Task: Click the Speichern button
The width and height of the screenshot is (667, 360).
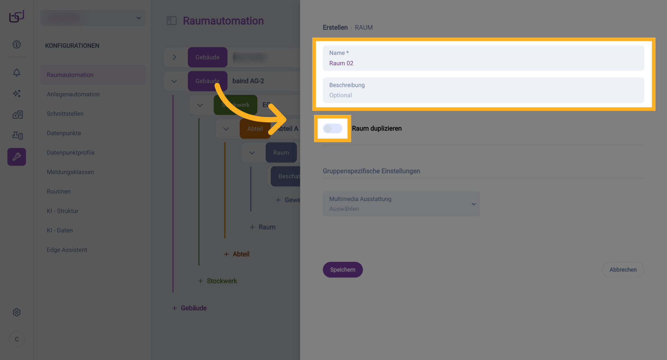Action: point(343,270)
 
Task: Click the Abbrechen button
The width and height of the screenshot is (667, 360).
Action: point(623,270)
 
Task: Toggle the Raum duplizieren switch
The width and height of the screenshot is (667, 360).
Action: point(332,128)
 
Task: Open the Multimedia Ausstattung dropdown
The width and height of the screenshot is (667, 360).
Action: point(401,204)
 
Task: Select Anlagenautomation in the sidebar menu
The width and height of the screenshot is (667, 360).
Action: point(73,94)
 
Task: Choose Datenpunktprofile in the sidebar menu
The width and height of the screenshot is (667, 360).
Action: point(71,153)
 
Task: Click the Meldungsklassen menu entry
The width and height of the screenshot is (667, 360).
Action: point(71,172)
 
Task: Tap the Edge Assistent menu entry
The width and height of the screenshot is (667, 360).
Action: point(67,250)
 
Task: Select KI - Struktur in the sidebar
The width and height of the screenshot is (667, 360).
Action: point(63,211)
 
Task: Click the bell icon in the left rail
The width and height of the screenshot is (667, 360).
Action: point(17,73)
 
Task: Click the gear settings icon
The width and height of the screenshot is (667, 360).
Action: point(17,312)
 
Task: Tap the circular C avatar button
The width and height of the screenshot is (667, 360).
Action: point(17,339)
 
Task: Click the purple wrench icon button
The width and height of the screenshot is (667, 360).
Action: point(17,157)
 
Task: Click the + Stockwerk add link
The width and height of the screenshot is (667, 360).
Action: point(218,281)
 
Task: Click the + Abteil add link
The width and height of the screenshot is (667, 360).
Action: point(237,254)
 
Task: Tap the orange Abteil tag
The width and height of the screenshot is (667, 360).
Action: point(255,129)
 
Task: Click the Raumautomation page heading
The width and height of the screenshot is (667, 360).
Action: point(223,21)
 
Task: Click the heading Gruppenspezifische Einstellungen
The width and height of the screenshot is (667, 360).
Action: point(371,171)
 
